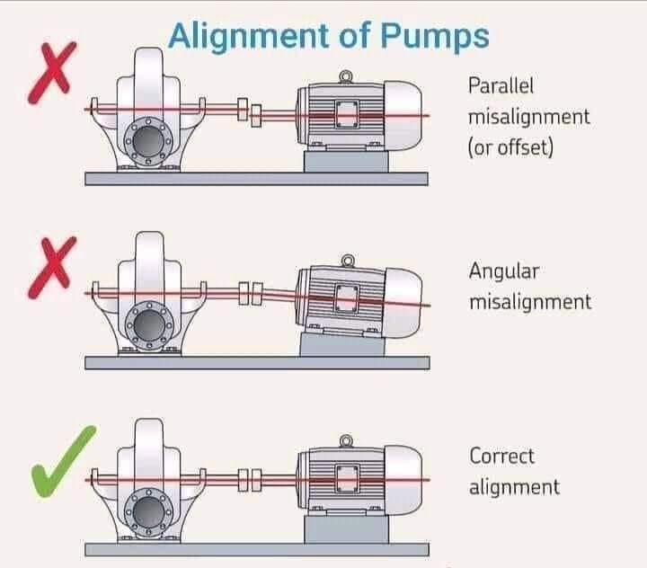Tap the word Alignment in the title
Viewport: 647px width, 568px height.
(x=249, y=37)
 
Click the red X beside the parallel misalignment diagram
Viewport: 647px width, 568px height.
(x=52, y=72)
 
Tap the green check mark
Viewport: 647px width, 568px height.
(x=63, y=462)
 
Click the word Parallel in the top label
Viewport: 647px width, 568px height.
(x=501, y=86)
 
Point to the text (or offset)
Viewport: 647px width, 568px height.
(x=510, y=147)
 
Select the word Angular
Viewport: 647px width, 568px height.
(x=504, y=272)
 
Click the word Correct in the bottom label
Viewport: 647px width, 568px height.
(x=501, y=457)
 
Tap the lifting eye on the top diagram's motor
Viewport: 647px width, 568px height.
(x=346, y=77)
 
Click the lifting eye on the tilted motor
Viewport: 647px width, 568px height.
(x=349, y=261)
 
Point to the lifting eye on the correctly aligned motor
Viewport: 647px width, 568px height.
(x=346, y=441)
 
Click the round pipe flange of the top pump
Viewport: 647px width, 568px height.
(x=148, y=141)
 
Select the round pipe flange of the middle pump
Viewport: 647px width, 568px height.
(x=149, y=325)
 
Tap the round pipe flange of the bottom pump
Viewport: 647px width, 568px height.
(x=149, y=512)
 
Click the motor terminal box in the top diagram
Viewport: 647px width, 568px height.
(x=347, y=114)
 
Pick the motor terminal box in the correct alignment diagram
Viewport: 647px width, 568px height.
(x=348, y=479)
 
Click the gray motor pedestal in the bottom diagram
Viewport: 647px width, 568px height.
(x=346, y=529)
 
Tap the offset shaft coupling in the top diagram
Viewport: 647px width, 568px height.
(x=249, y=112)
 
